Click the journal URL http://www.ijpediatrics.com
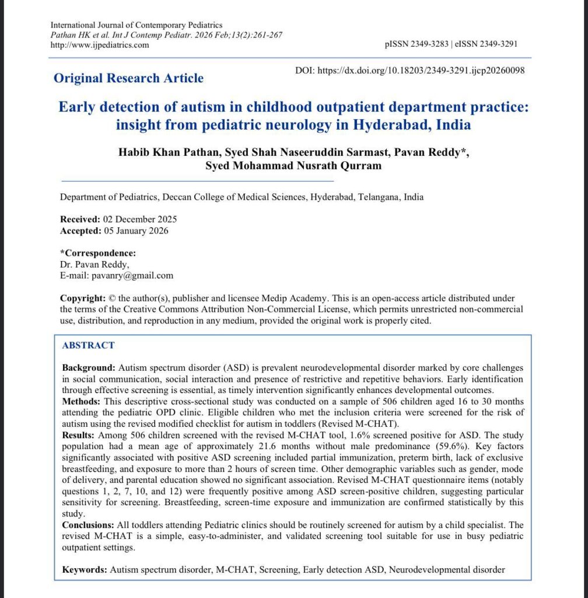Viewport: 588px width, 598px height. [x=100, y=45]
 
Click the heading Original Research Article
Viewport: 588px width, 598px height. [x=128, y=78]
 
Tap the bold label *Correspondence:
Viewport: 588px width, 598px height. [x=98, y=253]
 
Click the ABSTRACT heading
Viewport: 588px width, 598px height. [x=88, y=345]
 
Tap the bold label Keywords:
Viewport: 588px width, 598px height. [x=85, y=569]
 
